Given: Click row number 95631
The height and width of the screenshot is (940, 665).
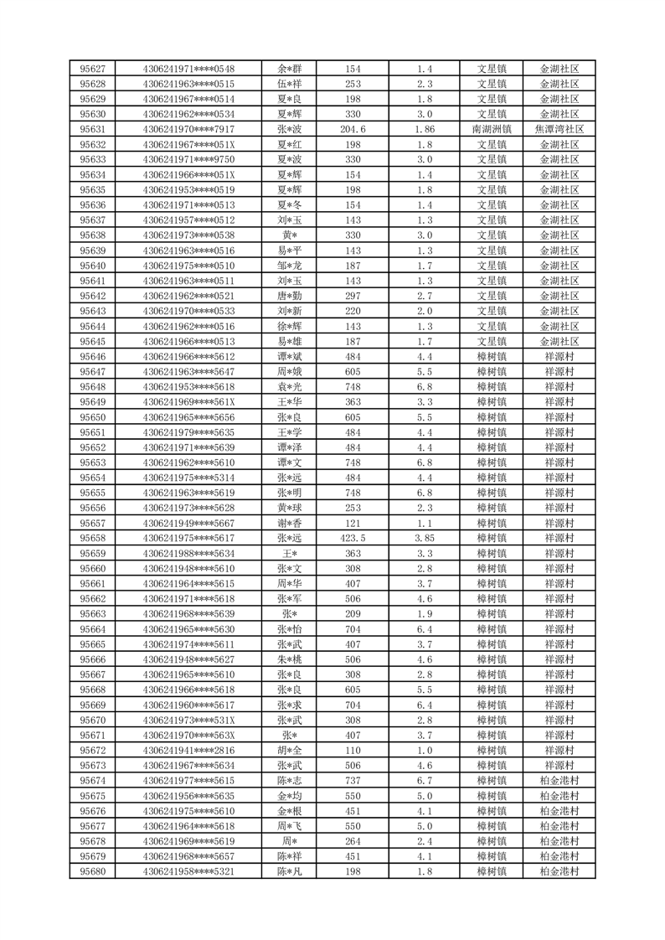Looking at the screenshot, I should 92,129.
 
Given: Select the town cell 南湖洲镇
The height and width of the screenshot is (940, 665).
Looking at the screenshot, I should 492,129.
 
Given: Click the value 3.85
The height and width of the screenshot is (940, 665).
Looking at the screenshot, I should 425,538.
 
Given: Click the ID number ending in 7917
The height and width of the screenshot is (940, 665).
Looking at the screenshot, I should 188,129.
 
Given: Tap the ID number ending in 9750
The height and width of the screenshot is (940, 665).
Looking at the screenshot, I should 188,159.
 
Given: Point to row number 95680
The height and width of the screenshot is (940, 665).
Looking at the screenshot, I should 92,871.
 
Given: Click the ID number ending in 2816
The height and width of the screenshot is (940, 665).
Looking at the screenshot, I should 188,750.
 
